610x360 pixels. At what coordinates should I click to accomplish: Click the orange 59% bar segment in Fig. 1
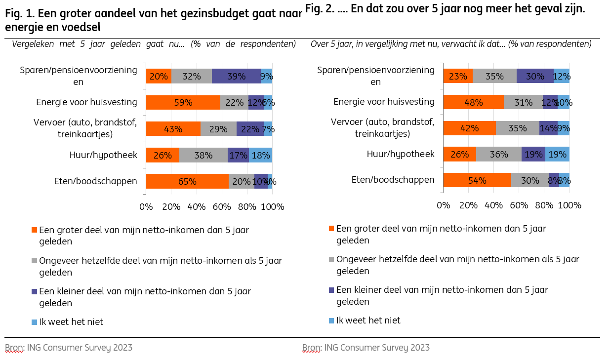[x=183, y=102]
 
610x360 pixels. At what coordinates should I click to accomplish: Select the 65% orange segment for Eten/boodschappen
[x=187, y=181]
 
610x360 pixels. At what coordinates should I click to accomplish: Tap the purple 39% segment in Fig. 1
[x=236, y=76]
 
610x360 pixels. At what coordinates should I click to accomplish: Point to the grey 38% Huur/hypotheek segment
[x=203, y=155]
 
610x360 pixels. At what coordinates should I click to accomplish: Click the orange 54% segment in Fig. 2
[x=477, y=180]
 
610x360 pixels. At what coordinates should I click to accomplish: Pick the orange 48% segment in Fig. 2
[x=473, y=102]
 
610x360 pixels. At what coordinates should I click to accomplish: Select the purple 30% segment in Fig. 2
[x=535, y=76]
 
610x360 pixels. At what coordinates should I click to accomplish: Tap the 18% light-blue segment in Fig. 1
[x=260, y=155]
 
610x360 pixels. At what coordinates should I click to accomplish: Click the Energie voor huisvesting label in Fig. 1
[x=86, y=102]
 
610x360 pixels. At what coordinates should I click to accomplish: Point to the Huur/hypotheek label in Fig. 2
[x=401, y=154]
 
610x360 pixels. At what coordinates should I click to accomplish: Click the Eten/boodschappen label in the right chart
[x=393, y=180]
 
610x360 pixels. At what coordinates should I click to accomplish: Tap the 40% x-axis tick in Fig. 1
[x=196, y=207]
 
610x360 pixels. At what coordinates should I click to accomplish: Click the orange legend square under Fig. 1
[x=34, y=230]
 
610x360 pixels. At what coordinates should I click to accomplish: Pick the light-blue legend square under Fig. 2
[x=331, y=320]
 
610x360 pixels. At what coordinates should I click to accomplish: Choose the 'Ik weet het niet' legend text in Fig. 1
[x=71, y=322]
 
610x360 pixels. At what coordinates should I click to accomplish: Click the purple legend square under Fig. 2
[x=331, y=290]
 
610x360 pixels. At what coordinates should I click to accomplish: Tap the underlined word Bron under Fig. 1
[x=14, y=348]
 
